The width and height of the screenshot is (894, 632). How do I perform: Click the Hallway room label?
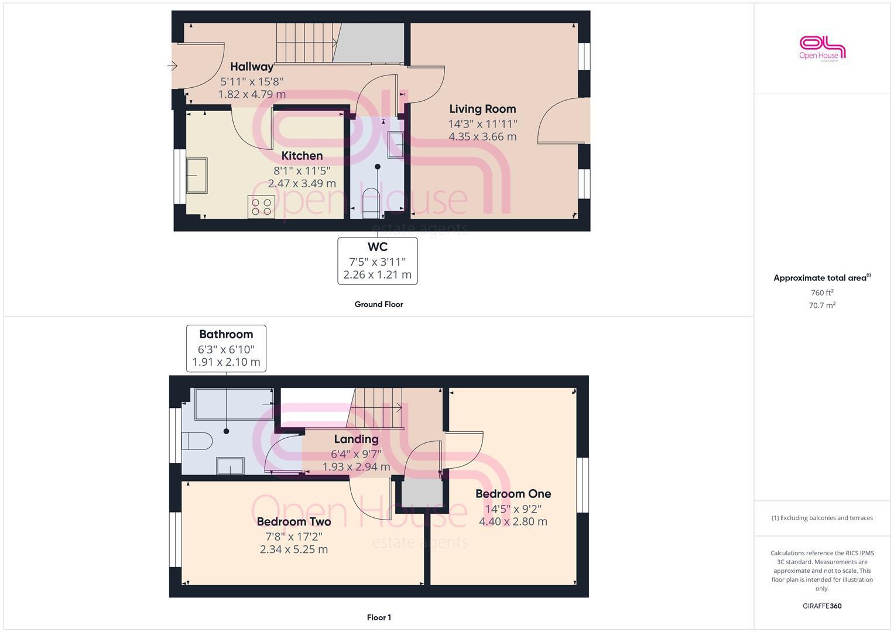(252, 67)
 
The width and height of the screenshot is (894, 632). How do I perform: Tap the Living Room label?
(482, 109)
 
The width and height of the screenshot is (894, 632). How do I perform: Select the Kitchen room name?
(302, 156)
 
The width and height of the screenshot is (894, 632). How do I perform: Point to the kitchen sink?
(197, 176)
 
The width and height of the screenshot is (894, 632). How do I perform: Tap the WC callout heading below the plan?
(378, 247)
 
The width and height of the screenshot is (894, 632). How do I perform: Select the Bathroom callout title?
(226, 335)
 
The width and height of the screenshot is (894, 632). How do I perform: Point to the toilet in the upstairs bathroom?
(197, 441)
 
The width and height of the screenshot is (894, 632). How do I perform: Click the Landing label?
(356, 439)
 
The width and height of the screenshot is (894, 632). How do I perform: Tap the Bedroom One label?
(513, 494)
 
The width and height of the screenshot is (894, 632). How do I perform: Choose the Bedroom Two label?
(294, 521)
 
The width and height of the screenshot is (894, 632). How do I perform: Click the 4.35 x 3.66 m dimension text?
(482, 137)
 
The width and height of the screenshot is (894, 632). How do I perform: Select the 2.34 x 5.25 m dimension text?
(294, 549)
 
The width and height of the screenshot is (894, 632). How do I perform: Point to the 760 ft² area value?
(822, 293)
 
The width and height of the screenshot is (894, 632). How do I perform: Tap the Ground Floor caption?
(379, 304)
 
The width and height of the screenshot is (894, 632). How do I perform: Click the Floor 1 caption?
(379, 617)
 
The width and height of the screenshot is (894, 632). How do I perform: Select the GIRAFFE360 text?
(822, 606)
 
